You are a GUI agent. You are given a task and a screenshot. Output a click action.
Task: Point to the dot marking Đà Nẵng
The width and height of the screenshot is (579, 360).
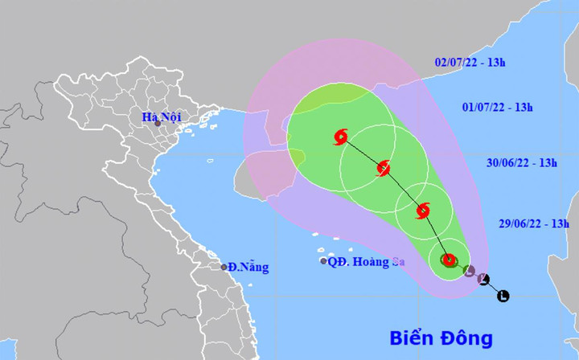click(224, 267)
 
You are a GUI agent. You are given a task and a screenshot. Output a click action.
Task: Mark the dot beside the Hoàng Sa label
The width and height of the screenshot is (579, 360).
click(323, 261)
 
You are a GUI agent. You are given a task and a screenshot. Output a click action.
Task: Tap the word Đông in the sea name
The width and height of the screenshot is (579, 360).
click(467, 337)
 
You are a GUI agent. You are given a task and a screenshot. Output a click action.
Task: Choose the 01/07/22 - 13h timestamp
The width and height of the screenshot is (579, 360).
click(499, 107)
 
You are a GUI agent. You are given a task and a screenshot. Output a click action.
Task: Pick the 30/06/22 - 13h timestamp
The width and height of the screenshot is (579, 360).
click(522, 163)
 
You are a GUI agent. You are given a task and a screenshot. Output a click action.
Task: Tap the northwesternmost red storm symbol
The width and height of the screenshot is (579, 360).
click(340, 137)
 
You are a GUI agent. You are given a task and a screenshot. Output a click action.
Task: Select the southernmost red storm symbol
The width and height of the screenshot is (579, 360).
click(449, 260)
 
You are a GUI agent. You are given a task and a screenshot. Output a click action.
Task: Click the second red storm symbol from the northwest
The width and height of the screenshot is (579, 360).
click(384, 168)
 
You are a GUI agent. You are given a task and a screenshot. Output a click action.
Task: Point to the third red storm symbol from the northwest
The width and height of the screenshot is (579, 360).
click(423, 211)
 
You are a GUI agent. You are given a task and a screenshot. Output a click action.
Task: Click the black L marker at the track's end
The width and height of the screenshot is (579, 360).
click(503, 296)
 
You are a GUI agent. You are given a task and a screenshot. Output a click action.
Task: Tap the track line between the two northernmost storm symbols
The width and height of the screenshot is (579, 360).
click(362, 153)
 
